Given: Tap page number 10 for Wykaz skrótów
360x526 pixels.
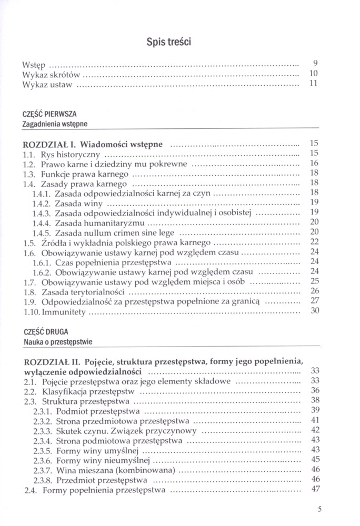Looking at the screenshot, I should click(313, 74).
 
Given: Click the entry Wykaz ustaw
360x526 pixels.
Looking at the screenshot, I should click(47, 84).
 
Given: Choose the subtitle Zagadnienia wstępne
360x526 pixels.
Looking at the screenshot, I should click(55, 124).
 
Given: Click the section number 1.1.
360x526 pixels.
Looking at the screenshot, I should click(31, 154).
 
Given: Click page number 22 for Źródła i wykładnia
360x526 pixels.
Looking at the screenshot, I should click(315, 242).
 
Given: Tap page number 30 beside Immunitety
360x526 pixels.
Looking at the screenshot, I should click(315, 311).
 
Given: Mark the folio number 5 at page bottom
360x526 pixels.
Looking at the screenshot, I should click(321, 509).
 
